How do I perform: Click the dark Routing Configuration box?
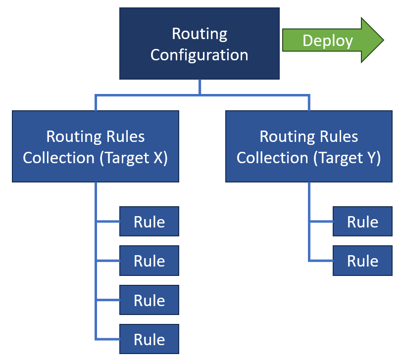199,44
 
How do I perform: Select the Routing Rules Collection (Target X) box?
95,146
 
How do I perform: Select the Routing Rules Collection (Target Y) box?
308,146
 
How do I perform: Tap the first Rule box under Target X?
149,222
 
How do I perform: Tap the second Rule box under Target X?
149,261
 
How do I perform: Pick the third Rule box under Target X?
149,300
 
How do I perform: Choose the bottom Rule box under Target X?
149,339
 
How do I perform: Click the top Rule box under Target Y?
362,222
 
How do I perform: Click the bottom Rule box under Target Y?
362,261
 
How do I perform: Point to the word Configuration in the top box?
199,54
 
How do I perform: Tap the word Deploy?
327,41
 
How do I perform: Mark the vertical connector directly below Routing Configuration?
200,87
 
